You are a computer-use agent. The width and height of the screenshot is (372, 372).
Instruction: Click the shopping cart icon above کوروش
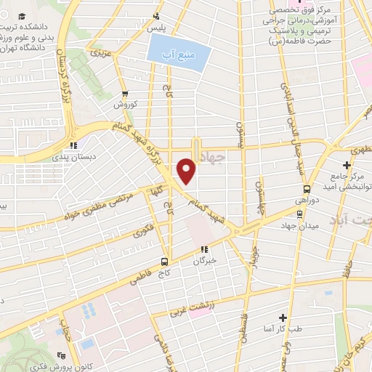126,93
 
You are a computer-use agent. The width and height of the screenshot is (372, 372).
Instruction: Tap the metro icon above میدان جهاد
299,214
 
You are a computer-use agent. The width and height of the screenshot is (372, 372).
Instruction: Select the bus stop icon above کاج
165,261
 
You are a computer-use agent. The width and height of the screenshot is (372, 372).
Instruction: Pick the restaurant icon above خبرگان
206,248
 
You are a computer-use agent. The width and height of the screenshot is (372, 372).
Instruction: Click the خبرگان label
206,259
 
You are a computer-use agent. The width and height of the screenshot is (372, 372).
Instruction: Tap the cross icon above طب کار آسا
283,318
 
